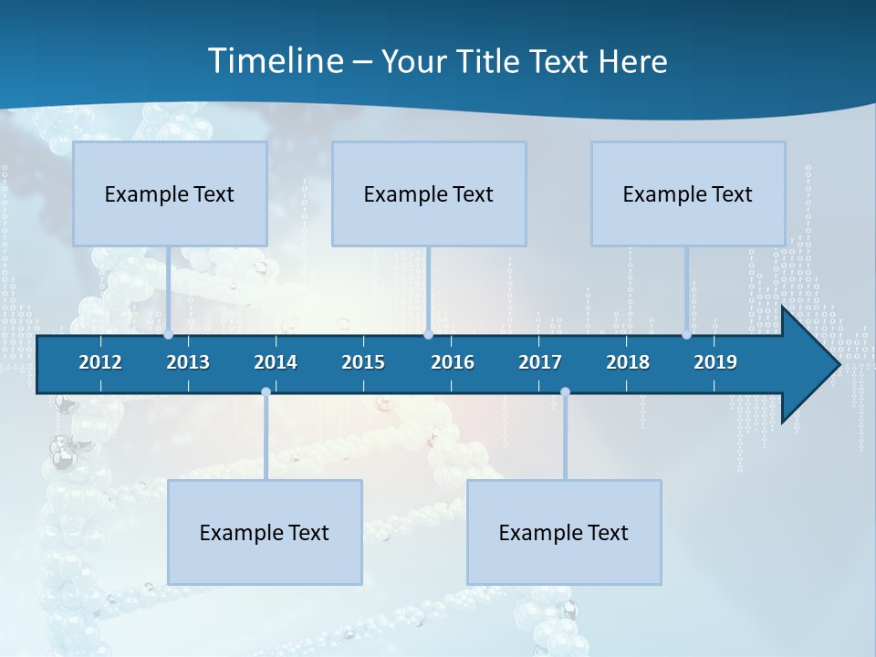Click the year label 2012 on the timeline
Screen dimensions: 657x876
[100, 362]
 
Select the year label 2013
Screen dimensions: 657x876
[188, 362]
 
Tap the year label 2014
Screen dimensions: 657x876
[276, 362]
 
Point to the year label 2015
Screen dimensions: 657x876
[363, 362]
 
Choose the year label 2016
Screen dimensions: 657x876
[453, 362]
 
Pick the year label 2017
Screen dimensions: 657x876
[540, 362]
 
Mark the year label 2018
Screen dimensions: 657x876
[628, 362]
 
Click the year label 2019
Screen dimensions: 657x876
[715, 362]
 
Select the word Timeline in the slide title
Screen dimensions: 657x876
[275, 61]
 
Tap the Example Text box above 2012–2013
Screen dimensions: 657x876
[170, 193]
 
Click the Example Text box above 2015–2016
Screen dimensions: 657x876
[429, 193]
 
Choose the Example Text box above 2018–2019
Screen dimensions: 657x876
[688, 193]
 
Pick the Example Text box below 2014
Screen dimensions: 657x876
[265, 532]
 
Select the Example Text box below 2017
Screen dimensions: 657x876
[564, 532]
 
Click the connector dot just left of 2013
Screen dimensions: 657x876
[168, 335]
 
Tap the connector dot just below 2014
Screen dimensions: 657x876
[266, 392]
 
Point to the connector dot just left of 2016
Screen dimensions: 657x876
[428, 335]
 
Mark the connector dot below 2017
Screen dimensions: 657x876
[565, 392]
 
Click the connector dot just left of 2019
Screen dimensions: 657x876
[687, 335]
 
